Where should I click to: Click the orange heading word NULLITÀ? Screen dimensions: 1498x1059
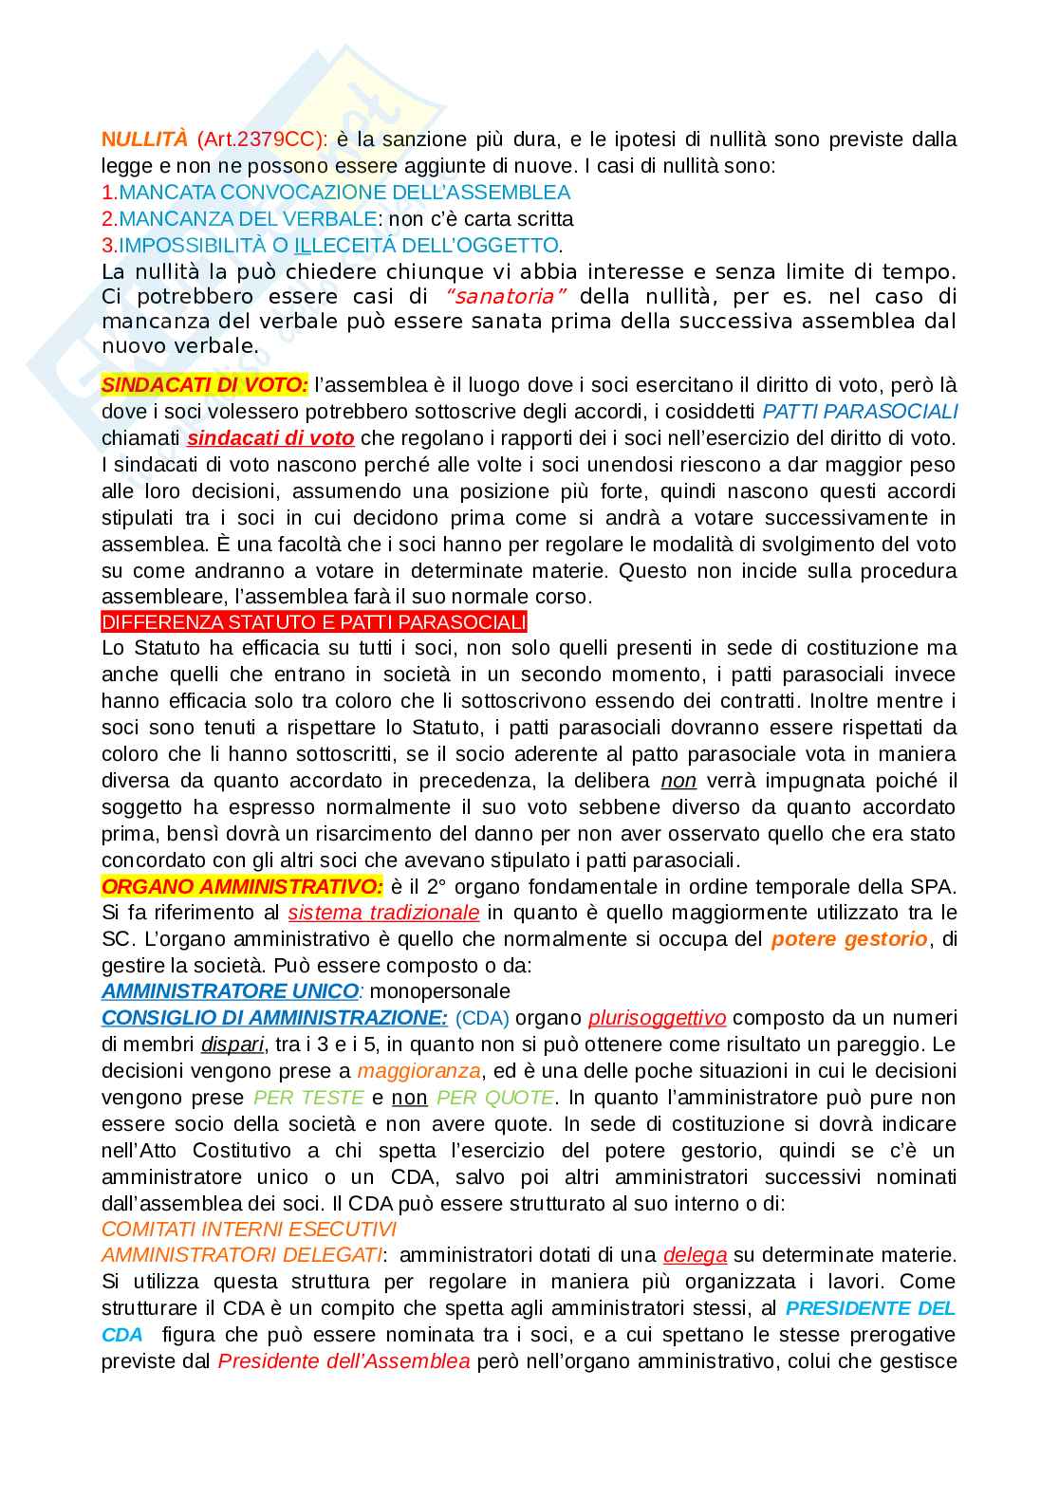pyautogui.click(x=144, y=139)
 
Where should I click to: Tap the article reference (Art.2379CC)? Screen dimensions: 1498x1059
pyautogui.click(x=262, y=139)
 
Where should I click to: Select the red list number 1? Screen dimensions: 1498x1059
pyautogui.click(x=107, y=193)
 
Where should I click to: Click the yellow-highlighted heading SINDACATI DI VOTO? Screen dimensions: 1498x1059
pyautogui.click(x=204, y=385)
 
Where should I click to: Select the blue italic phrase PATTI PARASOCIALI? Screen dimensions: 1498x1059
pyautogui.click(x=860, y=412)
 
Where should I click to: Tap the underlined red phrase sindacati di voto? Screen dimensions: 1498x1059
pyautogui.click(x=270, y=438)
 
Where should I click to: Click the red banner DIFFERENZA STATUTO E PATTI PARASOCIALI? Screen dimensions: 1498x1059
pyautogui.click(x=313, y=622)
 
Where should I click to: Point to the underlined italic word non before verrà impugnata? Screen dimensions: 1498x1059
pyautogui.click(x=678, y=781)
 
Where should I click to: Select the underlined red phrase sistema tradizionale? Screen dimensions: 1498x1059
pyautogui.click(x=383, y=913)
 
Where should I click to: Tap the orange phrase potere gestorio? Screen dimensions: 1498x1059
pyautogui.click(x=849, y=939)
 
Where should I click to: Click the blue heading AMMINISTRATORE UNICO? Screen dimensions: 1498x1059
pyautogui.click(x=230, y=991)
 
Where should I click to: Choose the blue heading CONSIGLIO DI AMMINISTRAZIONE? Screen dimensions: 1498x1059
pyautogui.click(x=274, y=1018)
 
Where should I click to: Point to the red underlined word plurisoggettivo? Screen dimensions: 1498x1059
pyautogui.click(x=657, y=1018)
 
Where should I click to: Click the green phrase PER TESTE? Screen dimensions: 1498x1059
pyautogui.click(x=308, y=1098)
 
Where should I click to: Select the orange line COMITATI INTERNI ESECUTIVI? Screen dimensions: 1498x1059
pyautogui.click(x=249, y=1229)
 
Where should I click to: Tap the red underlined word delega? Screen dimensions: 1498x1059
pyautogui.click(x=695, y=1255)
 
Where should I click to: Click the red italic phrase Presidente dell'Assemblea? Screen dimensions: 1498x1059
pyautogui.click(x=344, y=1361)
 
